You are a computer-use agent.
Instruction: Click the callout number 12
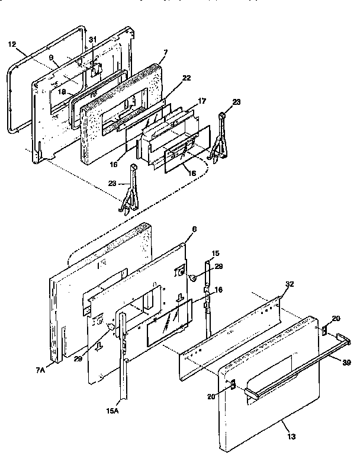12,44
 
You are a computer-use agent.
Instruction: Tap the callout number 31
92,39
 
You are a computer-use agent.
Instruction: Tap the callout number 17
202,101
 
